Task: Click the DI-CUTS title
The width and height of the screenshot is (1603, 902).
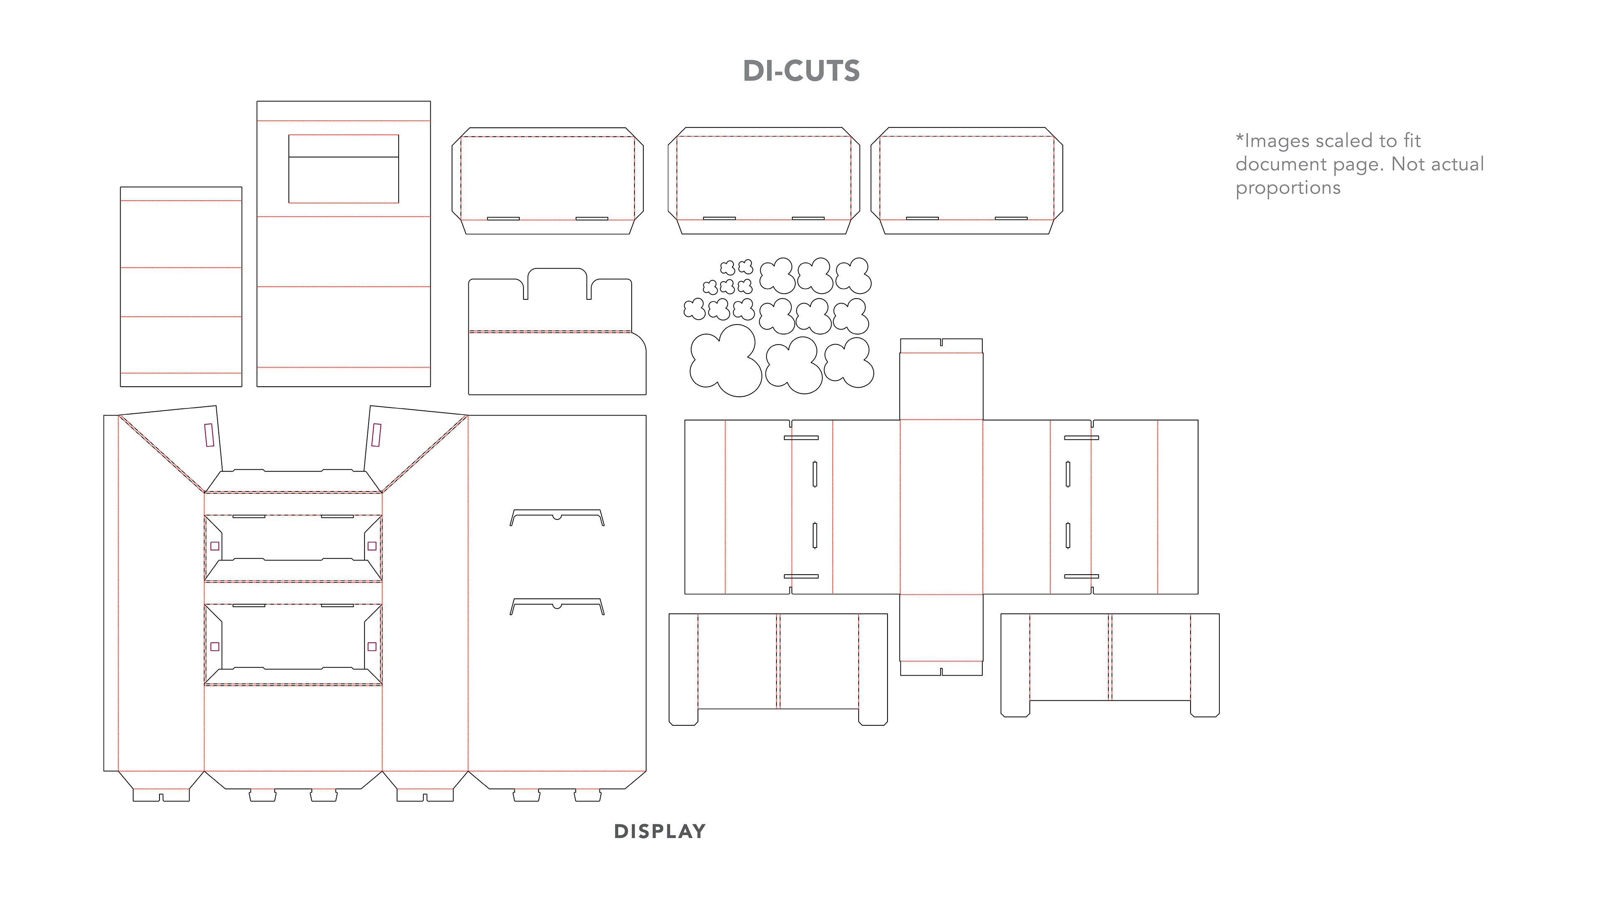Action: [x=801, y=71]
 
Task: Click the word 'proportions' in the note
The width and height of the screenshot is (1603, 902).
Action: [x=1287, y=188]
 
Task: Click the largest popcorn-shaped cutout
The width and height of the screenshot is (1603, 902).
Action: [x=725, y=361]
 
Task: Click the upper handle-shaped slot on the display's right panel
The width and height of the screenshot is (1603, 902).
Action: [x=557, y=515]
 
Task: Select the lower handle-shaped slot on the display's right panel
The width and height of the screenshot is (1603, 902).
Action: [x=557, y=604]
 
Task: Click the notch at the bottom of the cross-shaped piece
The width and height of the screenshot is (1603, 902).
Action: [x=941, y=671]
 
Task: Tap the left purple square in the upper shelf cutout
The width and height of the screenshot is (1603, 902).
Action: [x=215, y=546]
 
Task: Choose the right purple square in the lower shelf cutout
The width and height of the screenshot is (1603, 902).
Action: [x=372, y=646]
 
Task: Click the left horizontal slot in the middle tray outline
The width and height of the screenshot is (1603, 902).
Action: [x=719, y=218]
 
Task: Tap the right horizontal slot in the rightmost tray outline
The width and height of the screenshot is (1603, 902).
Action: [x=1011, y=218]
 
